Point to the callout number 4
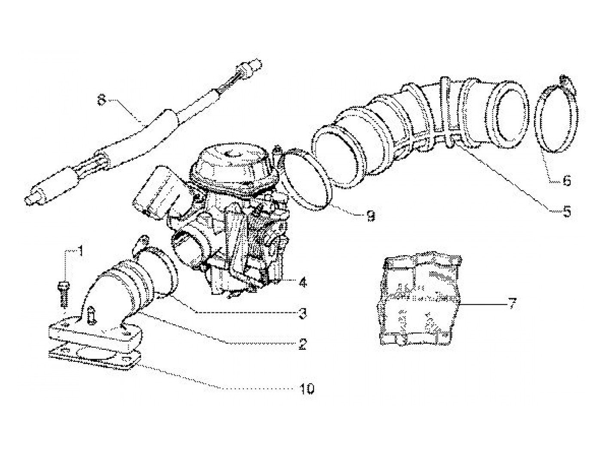[x=303, y=283]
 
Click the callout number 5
[x=566, y=211]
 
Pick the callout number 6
[x=566, y=181]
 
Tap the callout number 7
[x=511, y=304]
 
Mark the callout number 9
[x=370, y=215]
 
